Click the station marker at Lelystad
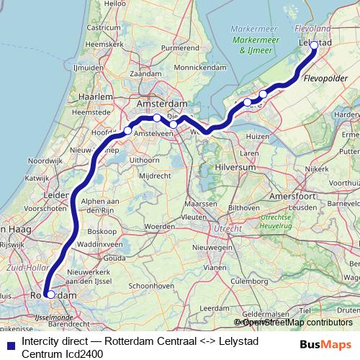click(313, 45)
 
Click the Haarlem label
click(96, 96)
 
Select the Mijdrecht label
click(155, 175)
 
